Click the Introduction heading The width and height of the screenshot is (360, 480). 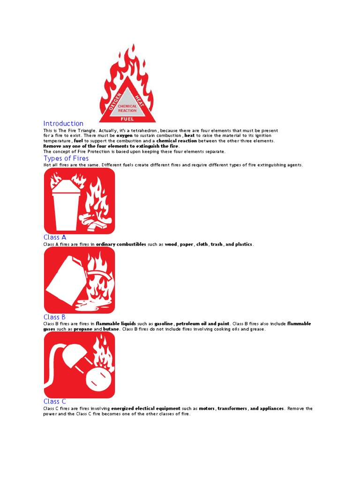(63, 124)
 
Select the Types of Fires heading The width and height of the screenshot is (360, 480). (66, 158)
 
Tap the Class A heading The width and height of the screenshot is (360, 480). (55, 237)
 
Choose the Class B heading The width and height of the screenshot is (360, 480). (55, 317)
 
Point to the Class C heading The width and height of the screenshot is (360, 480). (55, 401)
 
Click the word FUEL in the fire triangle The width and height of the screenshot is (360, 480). (127, 119)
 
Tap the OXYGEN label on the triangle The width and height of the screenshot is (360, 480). (115, 101)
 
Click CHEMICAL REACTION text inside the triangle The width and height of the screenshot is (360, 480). (127, 108)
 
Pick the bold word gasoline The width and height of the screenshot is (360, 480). (164, 324)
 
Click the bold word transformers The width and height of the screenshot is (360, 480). (232, 408)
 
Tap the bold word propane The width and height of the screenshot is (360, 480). (82, 329)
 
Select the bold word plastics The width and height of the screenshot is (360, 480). (244, 244)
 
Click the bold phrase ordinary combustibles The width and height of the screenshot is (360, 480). (121, 244)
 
